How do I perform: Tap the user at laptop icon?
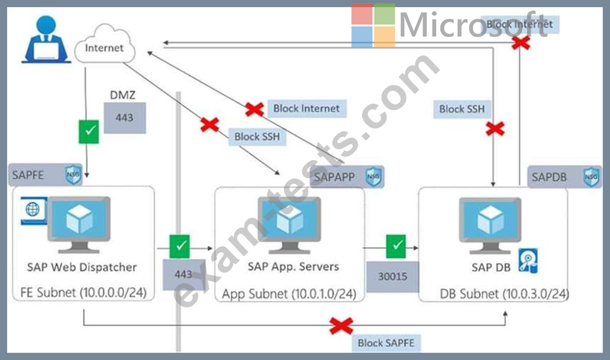click(x=46, y=40)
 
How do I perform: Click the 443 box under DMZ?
click(x=124, y=117)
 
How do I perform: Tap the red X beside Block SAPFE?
click(x=341, y=326)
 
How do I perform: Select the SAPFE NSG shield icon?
click(x=73, y=175)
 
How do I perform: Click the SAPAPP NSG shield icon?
click(x=373, y=176)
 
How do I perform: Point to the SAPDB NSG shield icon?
click(x=590, y=176)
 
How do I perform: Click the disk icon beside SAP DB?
click(x=528, y=261)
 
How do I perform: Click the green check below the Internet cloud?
click(x=88, y=130)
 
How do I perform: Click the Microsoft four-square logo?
click(x=373, y=25)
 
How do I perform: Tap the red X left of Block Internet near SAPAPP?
click(x=254, y=109)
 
